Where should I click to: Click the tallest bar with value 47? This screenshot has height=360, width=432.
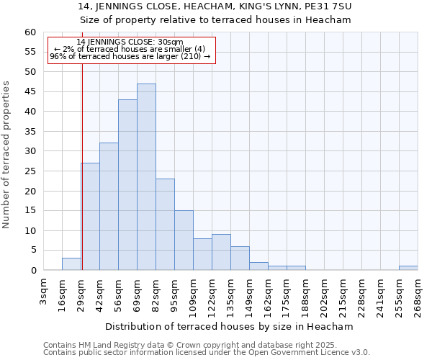pyautogui.click(x=146, y=177)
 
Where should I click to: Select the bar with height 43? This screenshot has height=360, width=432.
pyautogui.click(x=127, y=185)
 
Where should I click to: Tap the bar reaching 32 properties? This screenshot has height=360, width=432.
pyautogui.click(x=109, y=207)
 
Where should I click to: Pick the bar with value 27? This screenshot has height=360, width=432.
pyautogui.click(x=90, y=217)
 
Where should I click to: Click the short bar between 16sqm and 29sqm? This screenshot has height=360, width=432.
pyautogui.click(x=71, y=264)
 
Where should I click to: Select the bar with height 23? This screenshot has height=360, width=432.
pyautogui.click(x=165, y=225)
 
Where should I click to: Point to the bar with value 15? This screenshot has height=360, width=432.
pyautogui.click(x=184, y=240)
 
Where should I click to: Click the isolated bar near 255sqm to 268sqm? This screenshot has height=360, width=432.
pyautogui.click(x=408, y=268)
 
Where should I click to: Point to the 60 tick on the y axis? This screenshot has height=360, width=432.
pyautogui.click(x=30, y=32)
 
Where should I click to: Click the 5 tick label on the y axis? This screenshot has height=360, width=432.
pyautogui.click(x=32, y=251)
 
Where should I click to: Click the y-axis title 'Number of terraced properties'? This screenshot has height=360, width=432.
pyautogui.click(x=6, y=154)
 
